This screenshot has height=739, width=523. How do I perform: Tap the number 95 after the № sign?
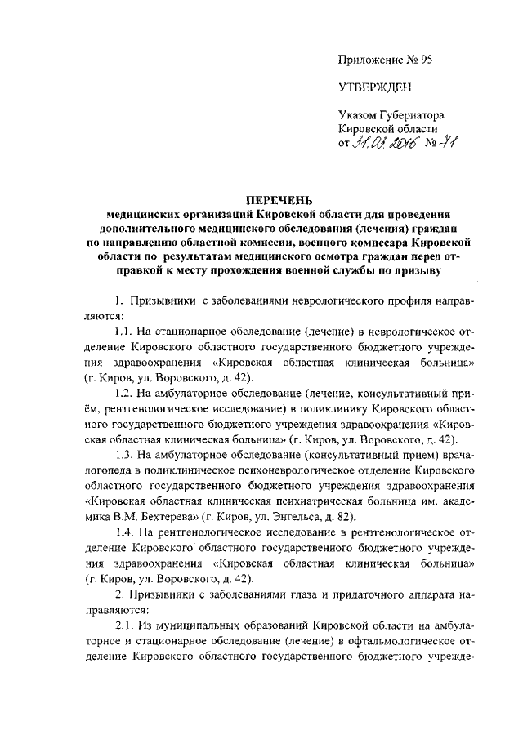[424, 60]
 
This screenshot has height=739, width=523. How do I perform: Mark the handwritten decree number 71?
[445, 144]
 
